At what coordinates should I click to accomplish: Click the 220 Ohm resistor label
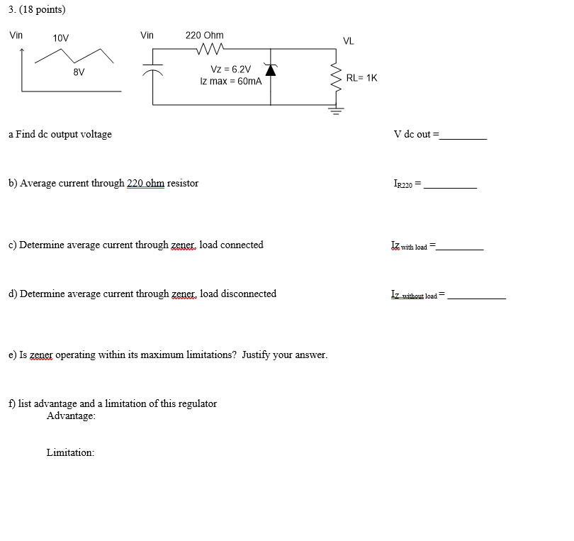coord(204,35)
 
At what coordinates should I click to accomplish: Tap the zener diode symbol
coord(270,69)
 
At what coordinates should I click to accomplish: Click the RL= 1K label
coord(361,78)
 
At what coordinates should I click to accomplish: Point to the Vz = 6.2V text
coord(231,69)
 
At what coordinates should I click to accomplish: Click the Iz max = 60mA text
coord(231,82)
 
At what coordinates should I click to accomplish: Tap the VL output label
coord(349,41)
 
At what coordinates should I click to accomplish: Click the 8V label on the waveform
coord(79,72)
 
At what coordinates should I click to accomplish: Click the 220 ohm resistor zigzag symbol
coord(210,50)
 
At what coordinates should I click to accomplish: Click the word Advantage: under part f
coord(71,416)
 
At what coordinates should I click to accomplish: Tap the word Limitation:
coord(70,452)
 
